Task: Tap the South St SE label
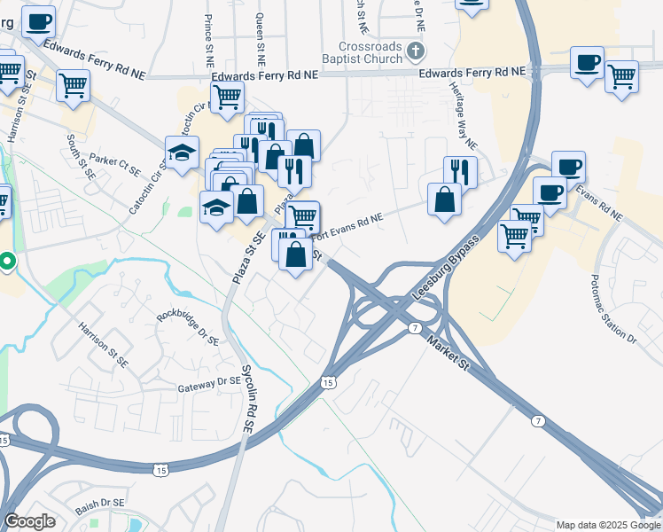(80, 156)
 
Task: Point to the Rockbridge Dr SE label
(187, 327)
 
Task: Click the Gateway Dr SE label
(208, 382)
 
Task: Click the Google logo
(29, 521)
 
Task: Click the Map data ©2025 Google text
(608, 525)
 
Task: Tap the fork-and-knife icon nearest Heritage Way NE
(460, 168)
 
